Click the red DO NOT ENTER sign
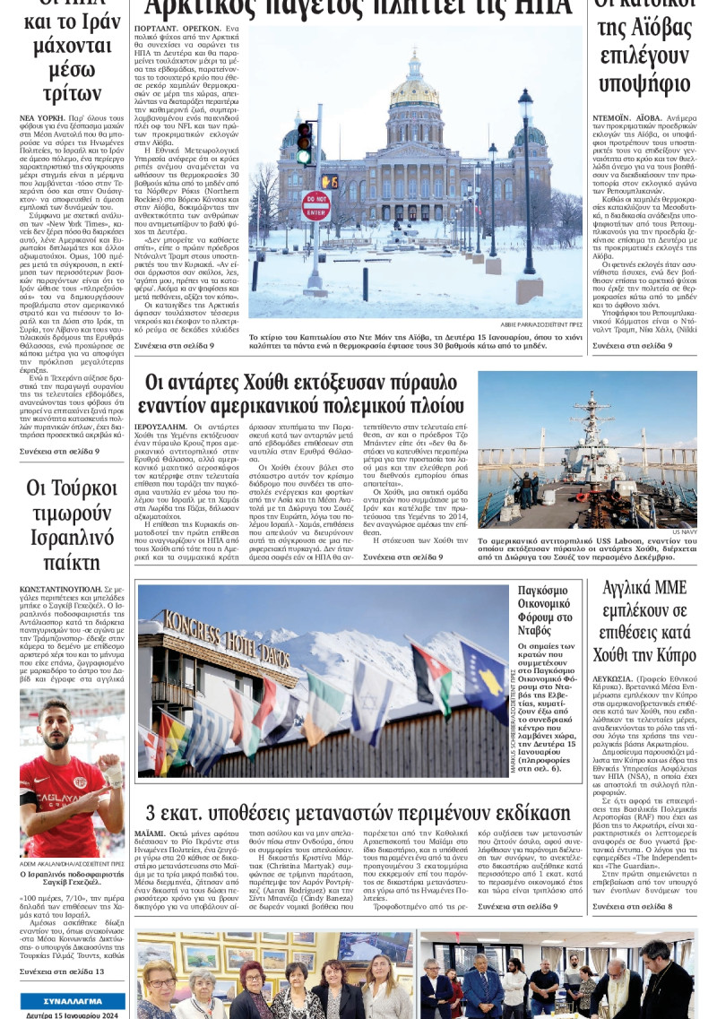click(x=315, y=206)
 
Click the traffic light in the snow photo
click(x=305, y=142)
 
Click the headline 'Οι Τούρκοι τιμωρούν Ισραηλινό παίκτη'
click(x=72, y=525)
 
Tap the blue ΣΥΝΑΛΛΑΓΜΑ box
click(x=73, y=999)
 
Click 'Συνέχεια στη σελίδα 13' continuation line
click(x=62, y=971)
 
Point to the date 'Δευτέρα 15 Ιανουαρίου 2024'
click(x=73, y=1013)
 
